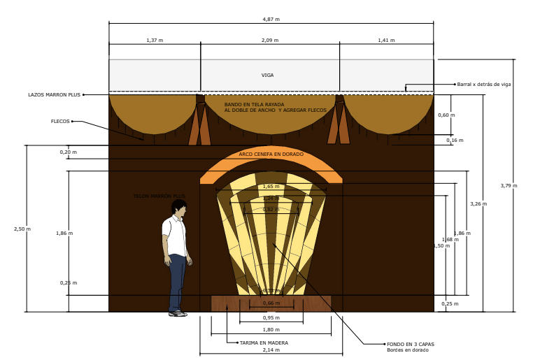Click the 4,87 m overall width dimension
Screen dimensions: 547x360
coord(271,19)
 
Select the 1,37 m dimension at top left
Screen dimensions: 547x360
coord(155,41)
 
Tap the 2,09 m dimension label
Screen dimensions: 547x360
coord(270,41)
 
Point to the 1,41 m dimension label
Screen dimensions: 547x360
coord(386,41)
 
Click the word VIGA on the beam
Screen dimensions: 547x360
coord(267,75)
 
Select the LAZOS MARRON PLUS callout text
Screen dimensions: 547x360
coord(55,95)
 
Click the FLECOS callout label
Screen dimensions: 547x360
coord(60,122)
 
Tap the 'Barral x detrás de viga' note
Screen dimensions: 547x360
coord(484,85)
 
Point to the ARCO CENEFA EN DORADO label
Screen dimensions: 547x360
coord(271,154)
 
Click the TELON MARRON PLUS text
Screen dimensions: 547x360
coord(159,196)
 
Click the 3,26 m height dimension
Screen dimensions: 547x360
coord(478,204)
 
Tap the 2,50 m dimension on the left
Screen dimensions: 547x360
coord(22,229)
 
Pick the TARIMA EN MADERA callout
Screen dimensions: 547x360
coord(264,343)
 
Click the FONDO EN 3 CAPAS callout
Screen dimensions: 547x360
coord(411,345)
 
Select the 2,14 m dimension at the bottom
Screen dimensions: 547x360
coord(271,350)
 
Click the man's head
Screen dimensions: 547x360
coord(179,208)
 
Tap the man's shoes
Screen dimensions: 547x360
coord(178,313)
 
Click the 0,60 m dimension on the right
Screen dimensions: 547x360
coord(446,115)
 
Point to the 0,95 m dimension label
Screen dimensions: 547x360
coord(271,318)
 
